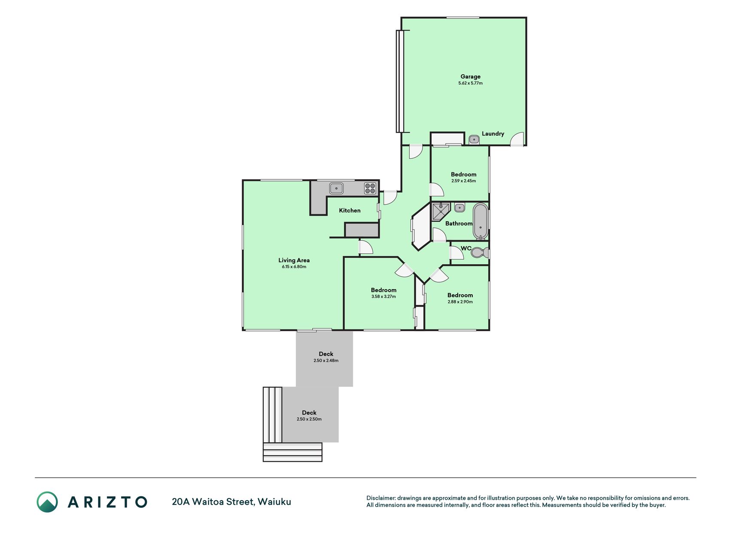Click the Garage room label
pyautogui.click(x=470, y=77)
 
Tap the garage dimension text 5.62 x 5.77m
pyautogui.click(x=470, y=83)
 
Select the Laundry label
pyautogui.click(x=493, y=134)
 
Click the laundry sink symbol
pyautogui.click(x=474, y=139)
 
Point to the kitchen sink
pyautogui.click(x=336, y=188)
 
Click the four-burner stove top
pyautogui.click(x=370, y=188)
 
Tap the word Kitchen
pyautogui.click(x=350, y=211)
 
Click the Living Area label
pyautogui.click(x=294, y=260)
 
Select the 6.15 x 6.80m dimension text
pyautogui.click(x=294, y=267)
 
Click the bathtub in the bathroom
pyautogui.click(x=481, y=221)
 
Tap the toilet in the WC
pyautogui.click(x=480, y=253)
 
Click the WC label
pyautogui.click(x=466, y=248)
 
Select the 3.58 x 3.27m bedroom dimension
pyautogui.click(x=383, y=297)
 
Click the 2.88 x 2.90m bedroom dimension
pyautogui.click(x=460, y=302)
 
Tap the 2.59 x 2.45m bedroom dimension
pyautogui.click(x=463, y=181)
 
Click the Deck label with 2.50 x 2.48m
pyautogui.click(x=326, y=354)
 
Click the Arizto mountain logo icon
pyautogui.click(x=47, y=502)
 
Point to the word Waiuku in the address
pyautogui.click(x=274, y=502)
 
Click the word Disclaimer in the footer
pyautogui.click(x=381, y=498)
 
